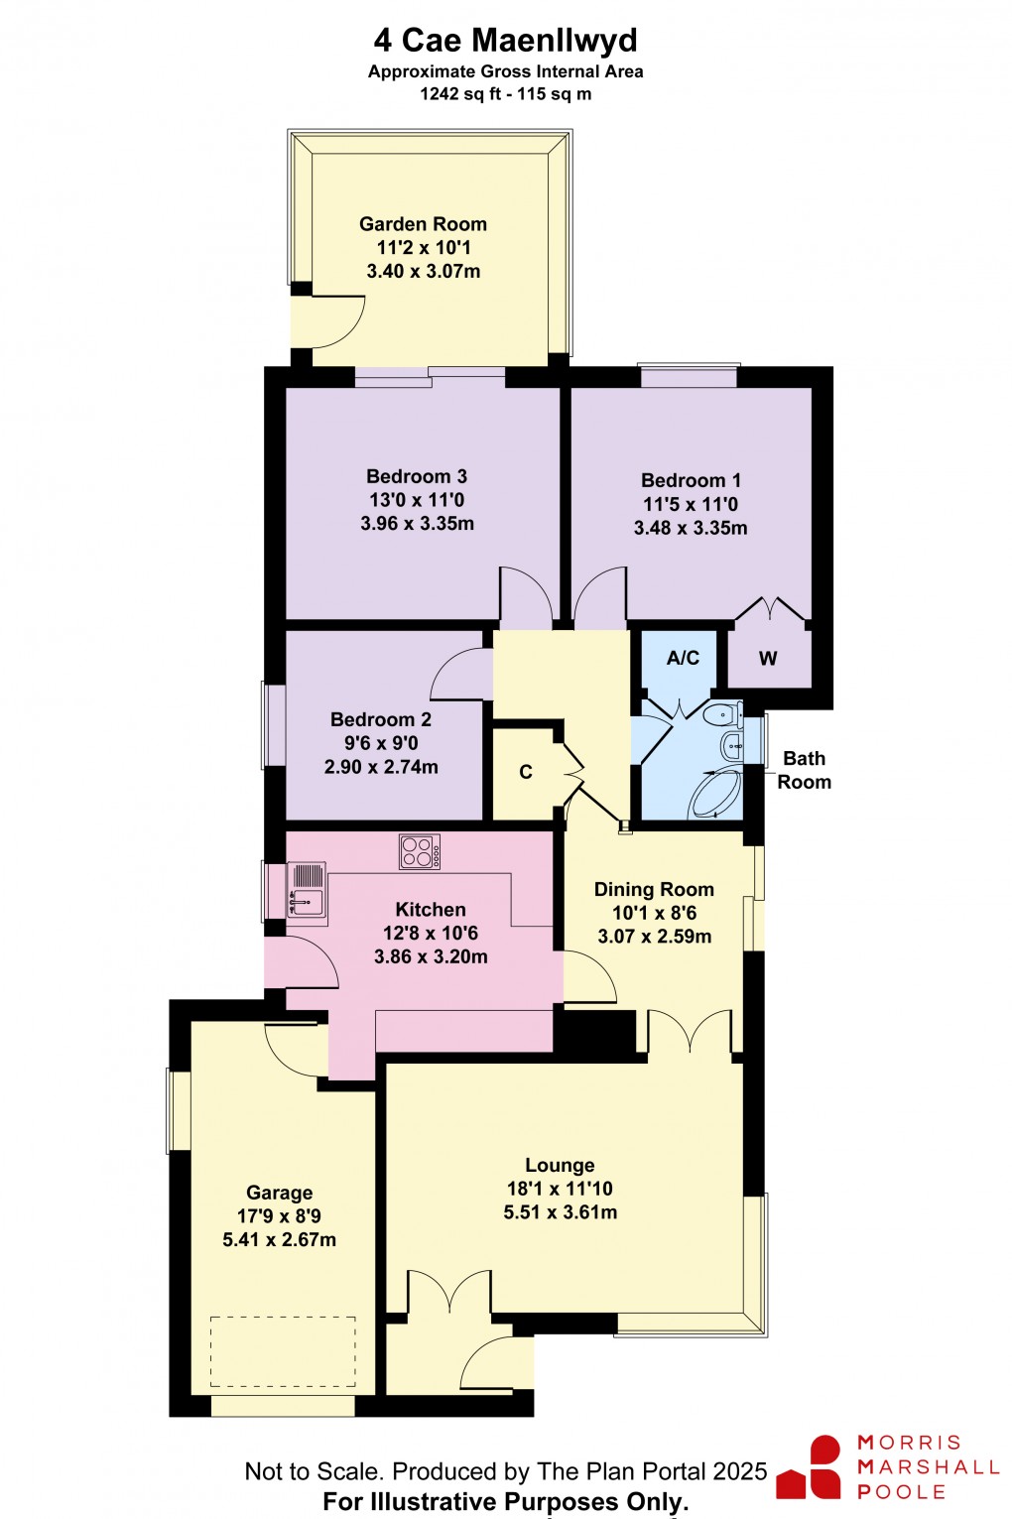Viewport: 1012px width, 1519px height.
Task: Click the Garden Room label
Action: (423, 224)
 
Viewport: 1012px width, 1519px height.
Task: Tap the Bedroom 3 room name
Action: (416, 476)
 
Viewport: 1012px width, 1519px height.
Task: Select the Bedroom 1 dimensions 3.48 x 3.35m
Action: (691, 528)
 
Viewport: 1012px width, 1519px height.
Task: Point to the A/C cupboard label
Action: (683, 658)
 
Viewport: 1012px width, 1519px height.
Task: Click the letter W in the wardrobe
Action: (768, 659)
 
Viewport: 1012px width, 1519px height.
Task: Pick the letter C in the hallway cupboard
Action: (526, 772)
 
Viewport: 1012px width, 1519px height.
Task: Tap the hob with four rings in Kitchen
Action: (420, 851)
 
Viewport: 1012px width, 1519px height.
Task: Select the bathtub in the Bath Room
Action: (716, 794)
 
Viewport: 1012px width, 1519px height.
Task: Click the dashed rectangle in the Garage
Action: (283, 1351)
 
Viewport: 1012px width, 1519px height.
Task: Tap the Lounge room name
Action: (560, 1165)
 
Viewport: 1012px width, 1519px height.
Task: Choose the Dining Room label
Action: (654, 889)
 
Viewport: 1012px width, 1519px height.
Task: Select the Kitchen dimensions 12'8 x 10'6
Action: (431, 933)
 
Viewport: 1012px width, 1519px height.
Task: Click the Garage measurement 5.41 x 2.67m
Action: (280, 1240)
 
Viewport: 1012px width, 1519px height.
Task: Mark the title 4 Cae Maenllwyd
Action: (506, 41)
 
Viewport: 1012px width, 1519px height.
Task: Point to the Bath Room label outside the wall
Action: (804, 770)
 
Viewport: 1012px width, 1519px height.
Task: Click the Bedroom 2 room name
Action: (381, 719)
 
